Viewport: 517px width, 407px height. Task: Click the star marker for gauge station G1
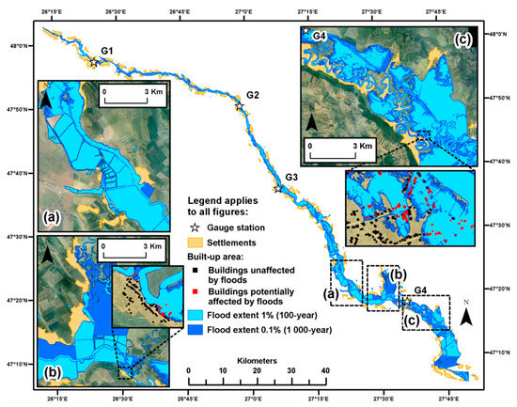pyautogui.click(x=93, y=63)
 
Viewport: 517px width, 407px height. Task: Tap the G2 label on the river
pyautogui.click(x=252, y=95)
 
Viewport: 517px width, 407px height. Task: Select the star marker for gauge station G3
pyautogui.click(x=276, y=189)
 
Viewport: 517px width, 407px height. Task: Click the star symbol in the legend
pyautogui.click(x=195, y=228)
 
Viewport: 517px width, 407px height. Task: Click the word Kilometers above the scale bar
pyautogui.click(x=257, y=358)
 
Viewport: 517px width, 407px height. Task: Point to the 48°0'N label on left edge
pyautogui.click(x=20, y=45)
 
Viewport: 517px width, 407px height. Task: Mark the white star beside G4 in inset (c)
pyautogui.click(x=306, y=32)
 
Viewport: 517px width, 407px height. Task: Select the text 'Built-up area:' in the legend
pyautogui.click(x=224, y=256)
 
